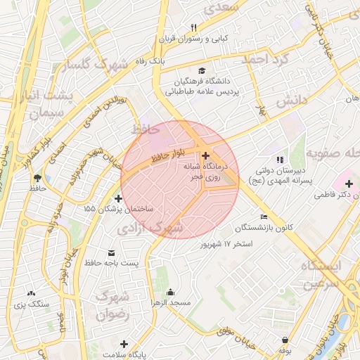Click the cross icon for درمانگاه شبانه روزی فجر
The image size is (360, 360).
click(x=205, y=155)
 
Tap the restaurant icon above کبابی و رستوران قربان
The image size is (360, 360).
click(x=193, y=27)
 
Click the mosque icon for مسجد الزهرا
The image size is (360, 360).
click(x=169, y=291)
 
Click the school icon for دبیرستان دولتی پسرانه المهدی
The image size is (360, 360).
click(x=281, y=160)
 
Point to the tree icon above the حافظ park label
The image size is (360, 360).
click(x=37, y=178)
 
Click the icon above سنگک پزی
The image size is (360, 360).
click(x=30, y=292)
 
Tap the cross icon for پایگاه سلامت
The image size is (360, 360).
click(x=124, y=344)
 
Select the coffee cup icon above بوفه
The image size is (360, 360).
click(x=284, y=338)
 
